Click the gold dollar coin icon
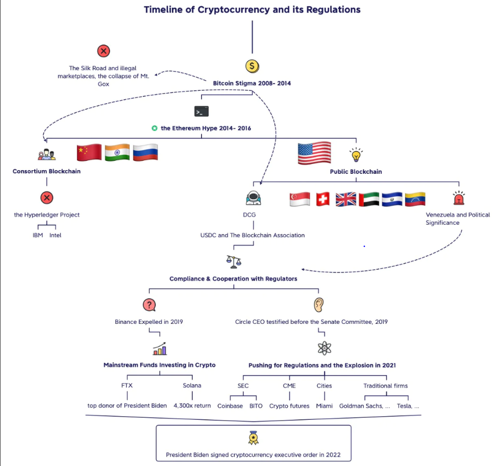tap(252, 66)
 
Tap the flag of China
tap(89, 153)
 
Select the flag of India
tap(117, 153)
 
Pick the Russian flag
tap(145, 153)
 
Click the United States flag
tap(314, 153)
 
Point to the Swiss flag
tap(322, 199)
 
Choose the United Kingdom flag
tap(346, 199)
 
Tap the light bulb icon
tap(356, 155)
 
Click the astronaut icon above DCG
tap(253, 198)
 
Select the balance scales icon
tap(234, 262)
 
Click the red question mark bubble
tap(149, 305)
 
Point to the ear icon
tap(318, 305)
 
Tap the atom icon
tap(324, 348)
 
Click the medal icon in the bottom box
tap(253, 438)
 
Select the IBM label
tap(38, 235)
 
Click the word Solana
tap(192, 386)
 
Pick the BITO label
tap(256, 406)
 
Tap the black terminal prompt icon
tap(201, 112)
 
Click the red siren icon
tap(459, 198)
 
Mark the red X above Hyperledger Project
tap(47, 198)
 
